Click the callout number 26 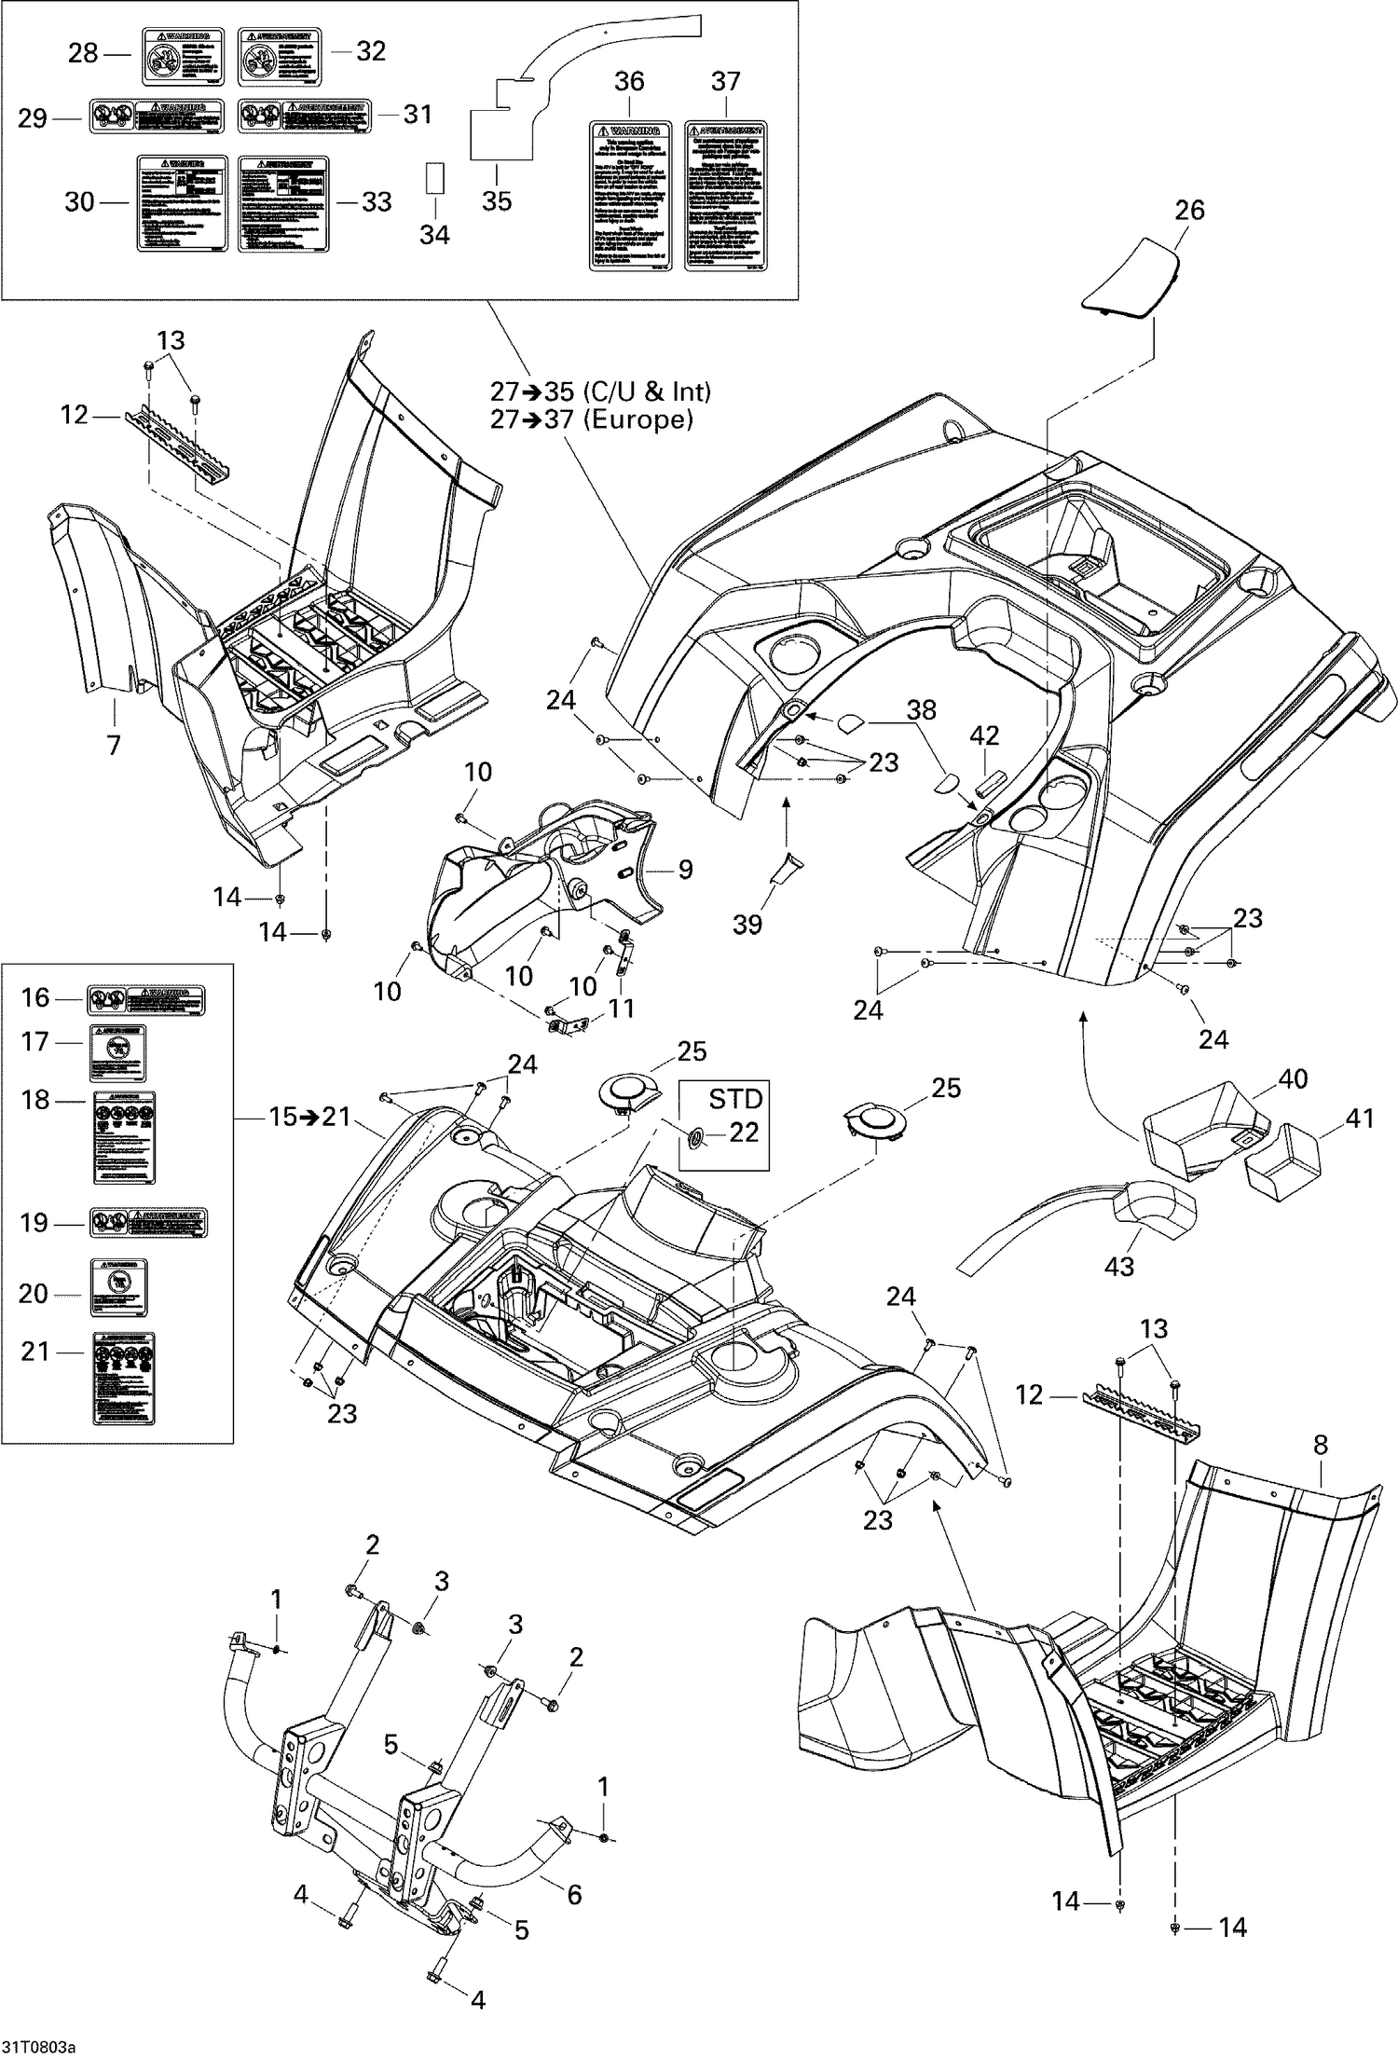(1188, 210)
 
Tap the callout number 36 (629, 81)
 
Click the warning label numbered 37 (725, 196)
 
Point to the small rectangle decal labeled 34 (434, 179)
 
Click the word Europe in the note (637, 419)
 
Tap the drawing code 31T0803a (37, 2047)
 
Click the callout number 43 (1118, 1267)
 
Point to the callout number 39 (747, 924)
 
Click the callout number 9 (685, 870)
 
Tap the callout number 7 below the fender (114, 745)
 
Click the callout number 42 (984, 735)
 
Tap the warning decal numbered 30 (183, 202)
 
